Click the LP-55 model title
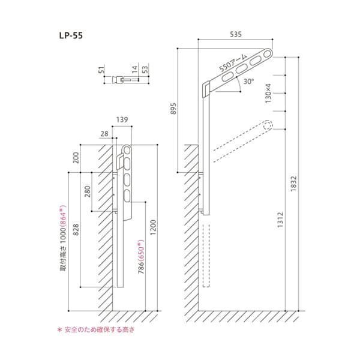click(71, 35)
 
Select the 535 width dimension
click(236, 34)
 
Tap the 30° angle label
click(248, 81)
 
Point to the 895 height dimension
click(174, 109)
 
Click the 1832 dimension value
click(293, 184)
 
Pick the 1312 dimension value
click(280, 220)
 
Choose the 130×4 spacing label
click(268, 94)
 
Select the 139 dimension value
click(122, 119)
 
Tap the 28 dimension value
click(104, 134)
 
